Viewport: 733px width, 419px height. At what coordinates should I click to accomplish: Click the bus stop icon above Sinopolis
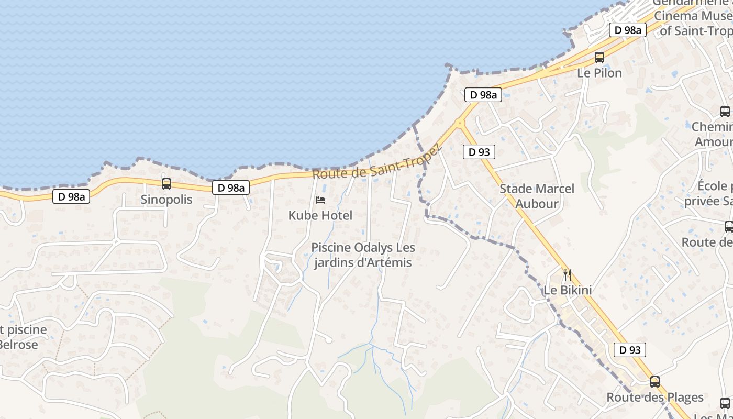(166, 184)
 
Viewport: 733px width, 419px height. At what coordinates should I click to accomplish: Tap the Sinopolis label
(166, 200)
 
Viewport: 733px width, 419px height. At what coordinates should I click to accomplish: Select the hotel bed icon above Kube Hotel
(320, 200)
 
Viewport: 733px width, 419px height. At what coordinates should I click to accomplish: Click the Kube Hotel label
(320, 215)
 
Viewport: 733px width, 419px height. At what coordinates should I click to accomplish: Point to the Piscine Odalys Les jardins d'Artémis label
(363, 255)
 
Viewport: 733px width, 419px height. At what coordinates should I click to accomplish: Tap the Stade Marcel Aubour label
(537, 196)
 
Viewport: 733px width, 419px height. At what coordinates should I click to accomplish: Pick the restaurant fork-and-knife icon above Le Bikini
(567, 274)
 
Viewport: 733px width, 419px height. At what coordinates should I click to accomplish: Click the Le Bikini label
(568, 290)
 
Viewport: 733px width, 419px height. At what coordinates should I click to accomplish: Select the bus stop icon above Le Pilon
(599, 58)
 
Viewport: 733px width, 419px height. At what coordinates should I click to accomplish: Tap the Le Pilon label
(599, 73)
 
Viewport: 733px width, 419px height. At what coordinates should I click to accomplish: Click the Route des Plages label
(655, 398)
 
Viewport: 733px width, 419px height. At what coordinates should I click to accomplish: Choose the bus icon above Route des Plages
(655, 382)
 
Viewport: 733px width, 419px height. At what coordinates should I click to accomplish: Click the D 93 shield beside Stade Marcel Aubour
(479, 152)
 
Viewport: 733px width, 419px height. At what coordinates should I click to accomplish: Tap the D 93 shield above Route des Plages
(629, 350)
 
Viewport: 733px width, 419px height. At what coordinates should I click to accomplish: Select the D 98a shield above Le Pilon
(627, 30)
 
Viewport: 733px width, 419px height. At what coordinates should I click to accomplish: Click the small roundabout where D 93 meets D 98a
(460, 123)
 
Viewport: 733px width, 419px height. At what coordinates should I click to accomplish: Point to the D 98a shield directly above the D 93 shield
(483, 95)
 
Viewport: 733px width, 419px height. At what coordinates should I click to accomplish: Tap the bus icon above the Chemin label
(725, 111)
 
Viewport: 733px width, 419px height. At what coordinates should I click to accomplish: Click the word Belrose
(19, 345)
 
